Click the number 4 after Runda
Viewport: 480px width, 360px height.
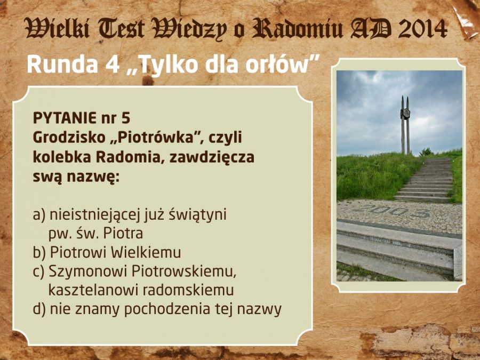tap(113, 65)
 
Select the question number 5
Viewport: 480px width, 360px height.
tap(126, 118)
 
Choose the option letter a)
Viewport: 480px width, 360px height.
tap(39, 215)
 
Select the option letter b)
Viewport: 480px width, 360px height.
tap(39, 253)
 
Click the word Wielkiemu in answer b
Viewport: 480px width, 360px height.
tap(146, 253)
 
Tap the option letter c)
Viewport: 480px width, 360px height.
tap(38, 271)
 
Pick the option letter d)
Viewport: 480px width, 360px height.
tap(39, 309)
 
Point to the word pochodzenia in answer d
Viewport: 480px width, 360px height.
tap(167, 309)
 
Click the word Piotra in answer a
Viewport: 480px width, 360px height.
tap(123, 234)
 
